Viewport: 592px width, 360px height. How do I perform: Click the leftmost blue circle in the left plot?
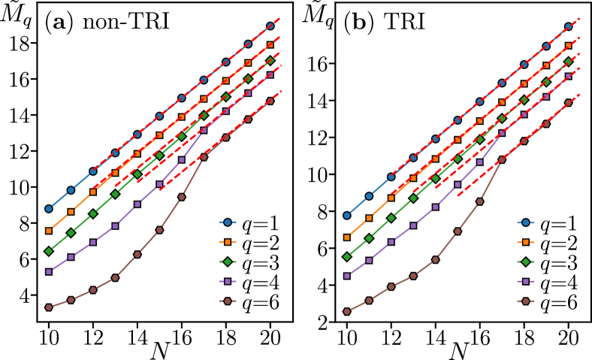click(49, 209)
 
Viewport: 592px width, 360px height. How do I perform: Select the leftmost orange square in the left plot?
click(49, 231)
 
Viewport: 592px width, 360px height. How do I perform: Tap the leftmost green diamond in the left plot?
click(49, 251)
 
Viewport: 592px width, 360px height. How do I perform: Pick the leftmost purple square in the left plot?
click(49, 272)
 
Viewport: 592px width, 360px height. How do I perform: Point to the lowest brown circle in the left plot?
click(49, 307)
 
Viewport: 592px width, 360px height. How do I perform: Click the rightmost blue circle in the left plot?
click(270, 26)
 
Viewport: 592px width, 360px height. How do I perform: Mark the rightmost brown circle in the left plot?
click(270, 101)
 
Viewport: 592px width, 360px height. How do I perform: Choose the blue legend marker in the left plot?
click(228, 222)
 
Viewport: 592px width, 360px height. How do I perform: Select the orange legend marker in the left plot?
click(228, 242)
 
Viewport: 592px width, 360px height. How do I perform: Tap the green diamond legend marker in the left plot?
click(228, 262)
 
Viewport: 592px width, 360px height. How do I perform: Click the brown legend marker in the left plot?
click(228, 301)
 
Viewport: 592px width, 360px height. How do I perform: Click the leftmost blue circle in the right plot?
click(346, 216)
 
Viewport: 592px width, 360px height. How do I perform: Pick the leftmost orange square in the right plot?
click(346, 237)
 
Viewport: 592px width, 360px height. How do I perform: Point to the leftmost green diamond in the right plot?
click(346, 257)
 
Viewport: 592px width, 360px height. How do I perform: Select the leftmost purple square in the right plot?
click(346, 276)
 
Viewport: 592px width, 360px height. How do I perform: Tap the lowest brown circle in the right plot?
click(346, 311)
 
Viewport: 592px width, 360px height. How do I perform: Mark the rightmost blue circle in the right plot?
click(568, 26)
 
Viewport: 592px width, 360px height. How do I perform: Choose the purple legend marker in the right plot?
click(526, 282)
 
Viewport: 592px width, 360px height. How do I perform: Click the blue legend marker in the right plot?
click(526, 222)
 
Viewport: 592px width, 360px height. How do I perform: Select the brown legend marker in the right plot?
click(526, 301)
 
